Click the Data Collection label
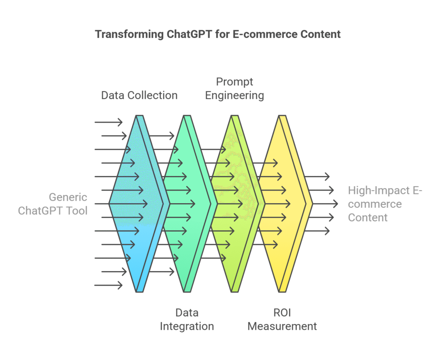coord(139,95)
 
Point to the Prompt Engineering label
coord(235,88)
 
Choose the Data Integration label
coord(187,319)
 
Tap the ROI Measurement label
coord(282,319)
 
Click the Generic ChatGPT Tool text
coord(53,204)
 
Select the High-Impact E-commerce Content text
coord(385,204)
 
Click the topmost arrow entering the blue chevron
coord(108,122)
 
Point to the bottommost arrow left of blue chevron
coord(108,285)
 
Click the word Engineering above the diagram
coord(235,95)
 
